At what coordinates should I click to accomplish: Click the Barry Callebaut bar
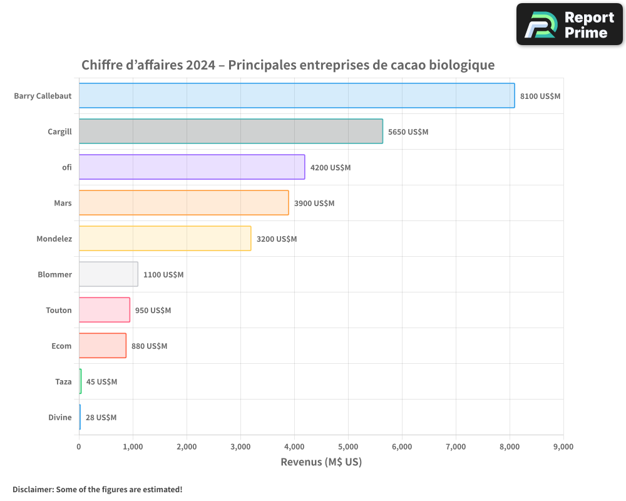coord(297,96)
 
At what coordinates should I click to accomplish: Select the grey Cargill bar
coord(230,132)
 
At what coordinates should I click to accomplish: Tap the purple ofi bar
coord(192,167)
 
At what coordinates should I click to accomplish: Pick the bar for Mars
coord(183,203)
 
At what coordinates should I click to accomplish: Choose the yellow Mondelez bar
coord(165,239)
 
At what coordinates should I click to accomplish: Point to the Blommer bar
coord(108,274)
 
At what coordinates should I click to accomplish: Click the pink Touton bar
coord(104,310)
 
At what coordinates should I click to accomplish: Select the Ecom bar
coord(102,346)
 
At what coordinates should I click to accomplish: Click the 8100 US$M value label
coord(540,96)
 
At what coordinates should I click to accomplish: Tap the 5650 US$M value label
coord(408,132)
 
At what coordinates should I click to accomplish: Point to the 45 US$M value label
coord(101,381)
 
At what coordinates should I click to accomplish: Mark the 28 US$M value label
coord(101,417)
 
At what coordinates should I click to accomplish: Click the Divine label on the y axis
coord(60,417)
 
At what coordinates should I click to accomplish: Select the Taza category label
coord(63,381)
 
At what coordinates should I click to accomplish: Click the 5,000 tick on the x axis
coord(348,447)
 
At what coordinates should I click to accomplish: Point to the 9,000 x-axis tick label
coord(563,447)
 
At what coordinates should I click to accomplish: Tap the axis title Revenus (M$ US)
coord(321,462)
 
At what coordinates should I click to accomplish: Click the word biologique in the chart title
coord(463,65)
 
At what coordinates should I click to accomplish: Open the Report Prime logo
coord(570,24)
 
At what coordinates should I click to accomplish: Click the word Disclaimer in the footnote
coord(32,489)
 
